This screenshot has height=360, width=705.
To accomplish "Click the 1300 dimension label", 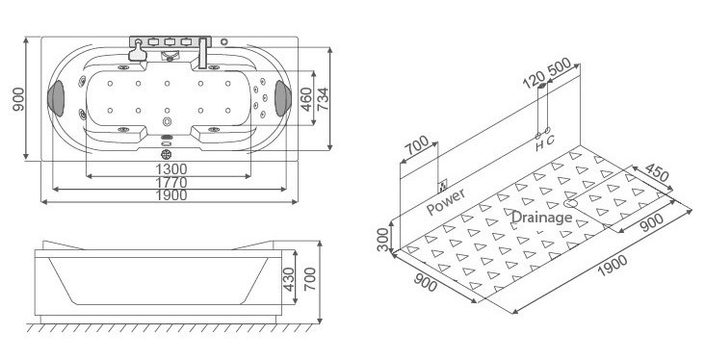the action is coord(171,169).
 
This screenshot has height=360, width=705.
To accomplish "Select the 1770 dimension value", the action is coord(171,183).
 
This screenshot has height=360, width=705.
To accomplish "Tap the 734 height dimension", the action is coord(323,99).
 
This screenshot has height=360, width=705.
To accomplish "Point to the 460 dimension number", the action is coord(306,99).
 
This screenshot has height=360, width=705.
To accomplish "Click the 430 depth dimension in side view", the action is coord(289,279).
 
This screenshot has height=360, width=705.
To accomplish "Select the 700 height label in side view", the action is coord(310,279).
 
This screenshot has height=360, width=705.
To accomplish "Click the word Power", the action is coord(446,202).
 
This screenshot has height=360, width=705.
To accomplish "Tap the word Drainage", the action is coord(542,218).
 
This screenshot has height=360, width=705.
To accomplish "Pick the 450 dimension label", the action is coord(657,172).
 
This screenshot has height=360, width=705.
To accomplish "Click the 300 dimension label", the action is coord(383,239).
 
